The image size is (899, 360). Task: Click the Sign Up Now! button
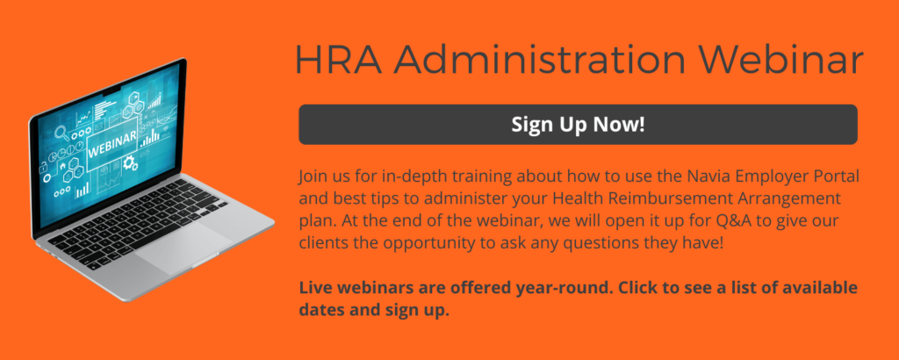coord(578,125)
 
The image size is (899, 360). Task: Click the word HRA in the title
coord(338,58)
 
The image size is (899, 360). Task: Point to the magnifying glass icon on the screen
coord(62,133)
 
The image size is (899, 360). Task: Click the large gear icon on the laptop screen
coord(131,163)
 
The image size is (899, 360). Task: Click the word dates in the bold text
coord(319,310)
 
